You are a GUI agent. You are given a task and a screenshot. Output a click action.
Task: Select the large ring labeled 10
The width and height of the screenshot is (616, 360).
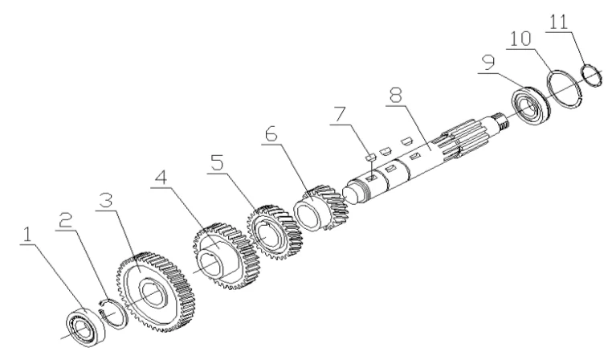(566, 89)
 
